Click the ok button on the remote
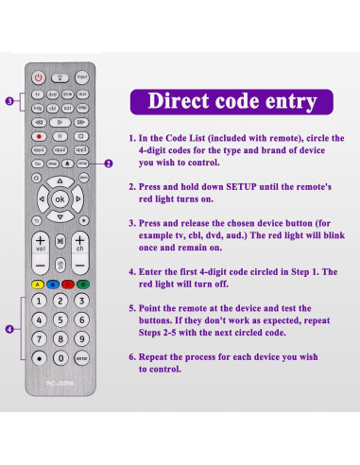[x=60, y=199]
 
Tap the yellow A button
[x=36, y=284]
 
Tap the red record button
[x=38, y=136]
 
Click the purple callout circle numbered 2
[x=109, y=164]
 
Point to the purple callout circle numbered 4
[x=9, y=329]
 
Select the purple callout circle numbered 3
[x=9, y=101]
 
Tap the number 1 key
[x=38, y=301]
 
